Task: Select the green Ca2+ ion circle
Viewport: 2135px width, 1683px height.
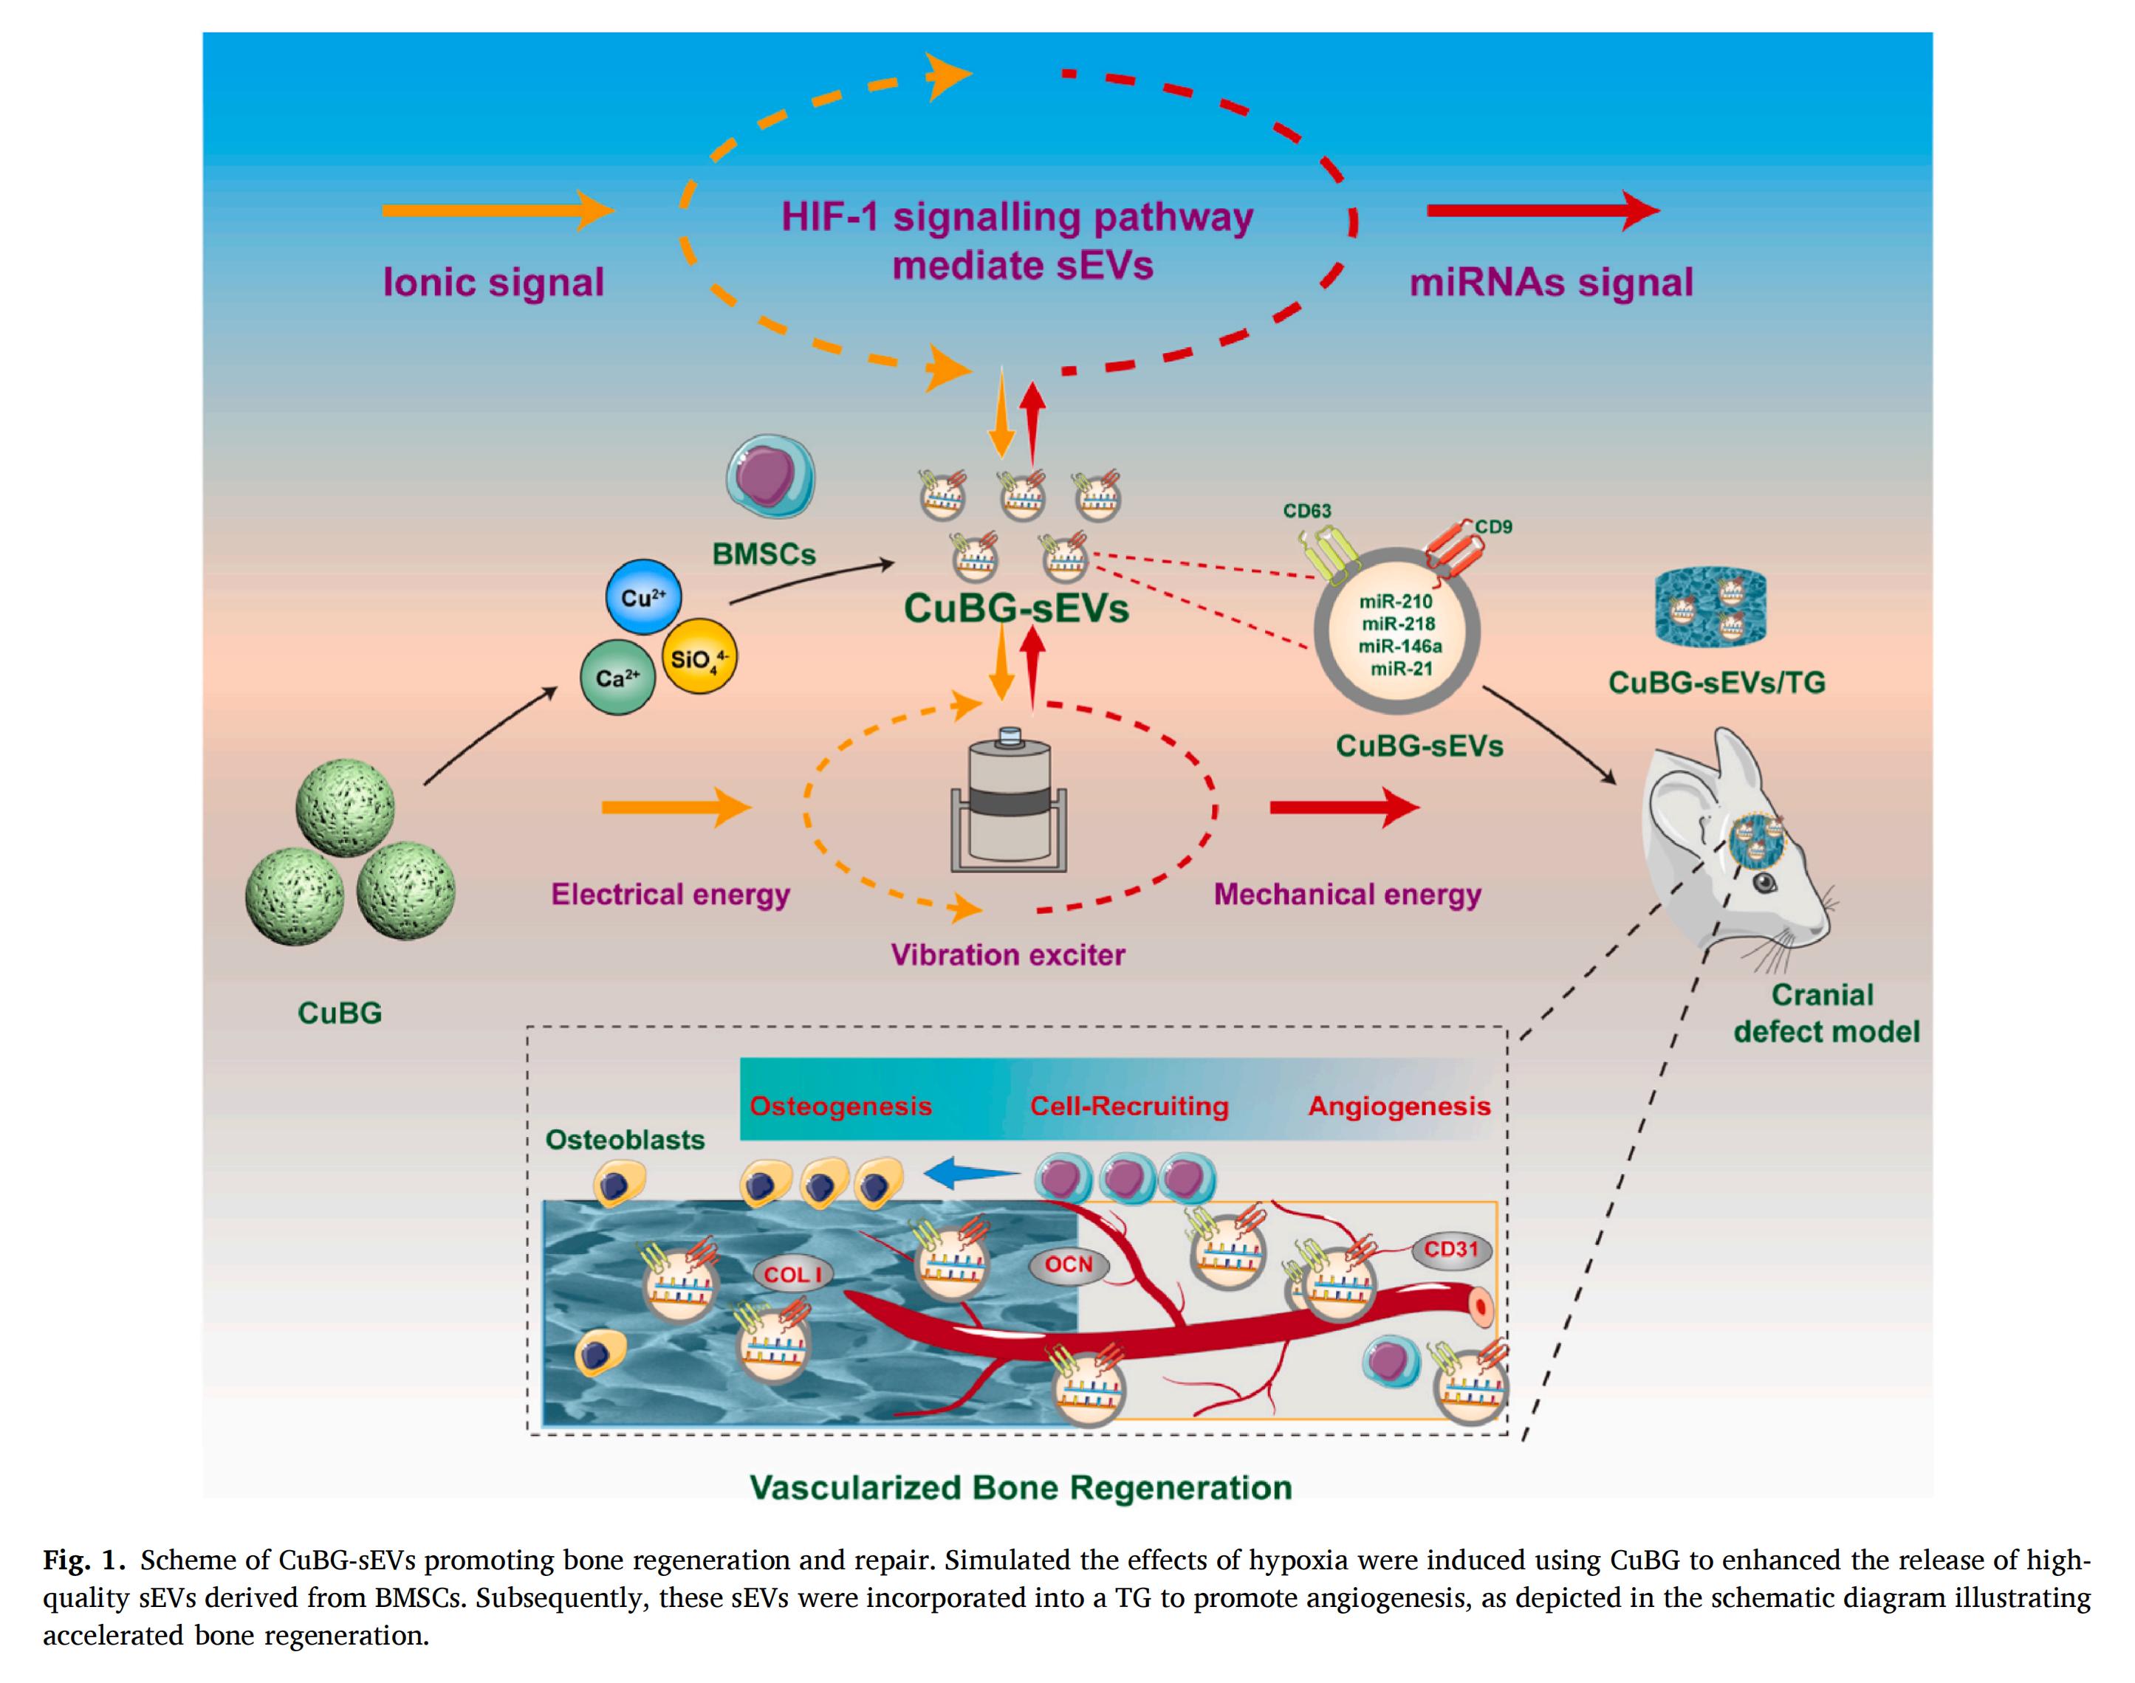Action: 618,678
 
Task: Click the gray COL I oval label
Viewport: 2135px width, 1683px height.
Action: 793,1274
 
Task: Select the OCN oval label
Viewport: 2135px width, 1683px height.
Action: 1069,1264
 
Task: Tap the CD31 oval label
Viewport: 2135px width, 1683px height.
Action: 1451,1250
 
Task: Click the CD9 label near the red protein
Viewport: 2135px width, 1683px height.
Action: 1493,526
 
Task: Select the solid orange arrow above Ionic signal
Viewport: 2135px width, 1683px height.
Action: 498,211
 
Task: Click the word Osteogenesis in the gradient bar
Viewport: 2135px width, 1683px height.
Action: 841,1106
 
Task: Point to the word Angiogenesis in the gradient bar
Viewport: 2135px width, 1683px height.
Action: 1399,1106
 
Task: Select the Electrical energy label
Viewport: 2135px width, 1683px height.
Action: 671,894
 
